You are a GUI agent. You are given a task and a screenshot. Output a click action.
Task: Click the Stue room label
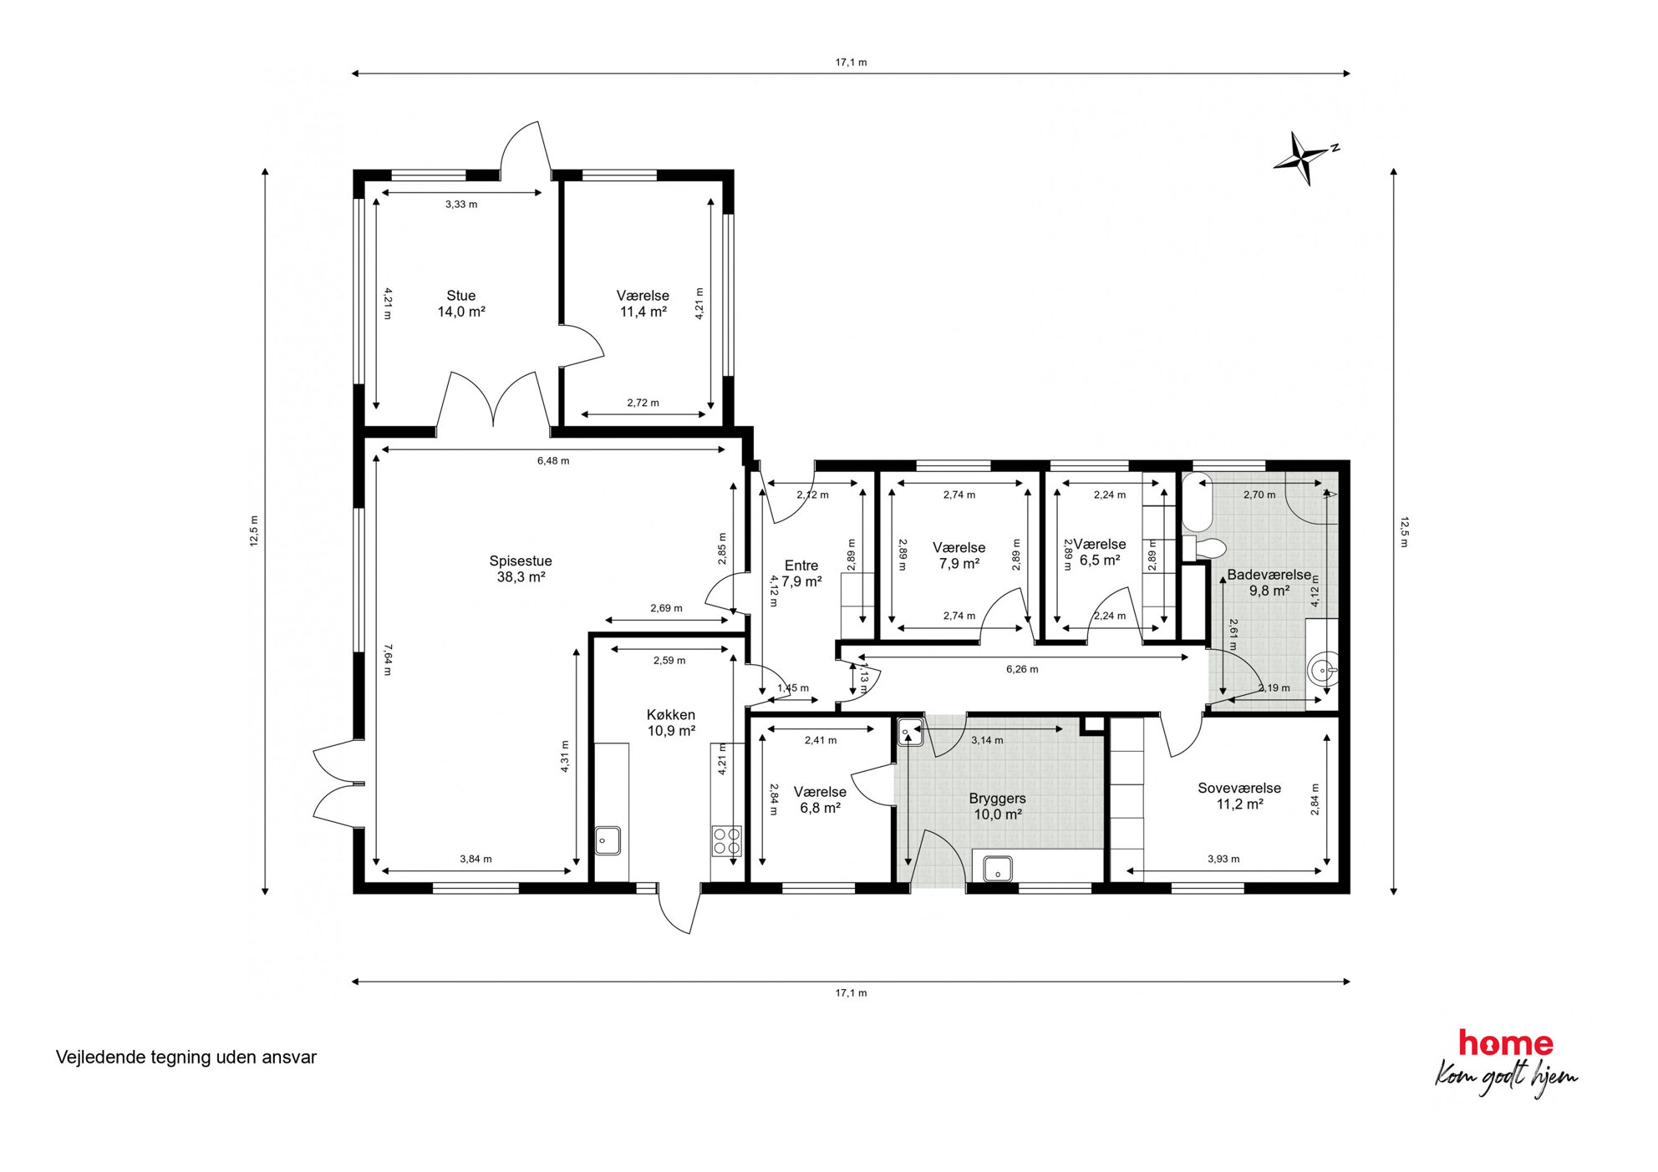(461, 303)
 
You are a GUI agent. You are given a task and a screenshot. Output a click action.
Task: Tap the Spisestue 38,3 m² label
(521, 569)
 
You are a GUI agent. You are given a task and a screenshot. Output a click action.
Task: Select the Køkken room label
(671, 723)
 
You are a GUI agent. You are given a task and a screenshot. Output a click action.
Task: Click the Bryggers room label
(997, 806)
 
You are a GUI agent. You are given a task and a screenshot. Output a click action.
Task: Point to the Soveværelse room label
(1239, 796)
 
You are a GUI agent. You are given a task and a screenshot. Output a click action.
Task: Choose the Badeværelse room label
(1269, 582)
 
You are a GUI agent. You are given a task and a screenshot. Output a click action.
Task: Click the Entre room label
(801, 573)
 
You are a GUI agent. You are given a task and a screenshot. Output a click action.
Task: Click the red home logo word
(1506, 1043)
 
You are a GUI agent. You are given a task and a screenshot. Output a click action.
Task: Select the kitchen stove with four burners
(726, 841)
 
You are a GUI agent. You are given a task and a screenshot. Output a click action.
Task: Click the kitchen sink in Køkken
(608, 840)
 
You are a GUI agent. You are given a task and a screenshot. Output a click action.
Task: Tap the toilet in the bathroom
(1204, 549)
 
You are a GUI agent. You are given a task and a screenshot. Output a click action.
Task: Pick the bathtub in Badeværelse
(1197, 502)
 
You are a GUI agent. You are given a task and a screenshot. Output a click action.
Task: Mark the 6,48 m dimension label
(553, 460)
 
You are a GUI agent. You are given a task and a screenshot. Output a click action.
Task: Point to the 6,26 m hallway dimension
(1022, 669)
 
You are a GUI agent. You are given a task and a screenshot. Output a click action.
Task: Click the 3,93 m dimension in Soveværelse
(1223, 859)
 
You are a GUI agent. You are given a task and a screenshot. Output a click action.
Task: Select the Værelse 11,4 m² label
(643, 303)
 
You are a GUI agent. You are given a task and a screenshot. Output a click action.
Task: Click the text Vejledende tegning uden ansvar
(186, 1058)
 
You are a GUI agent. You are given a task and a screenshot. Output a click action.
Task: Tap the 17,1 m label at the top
(851, 63)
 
